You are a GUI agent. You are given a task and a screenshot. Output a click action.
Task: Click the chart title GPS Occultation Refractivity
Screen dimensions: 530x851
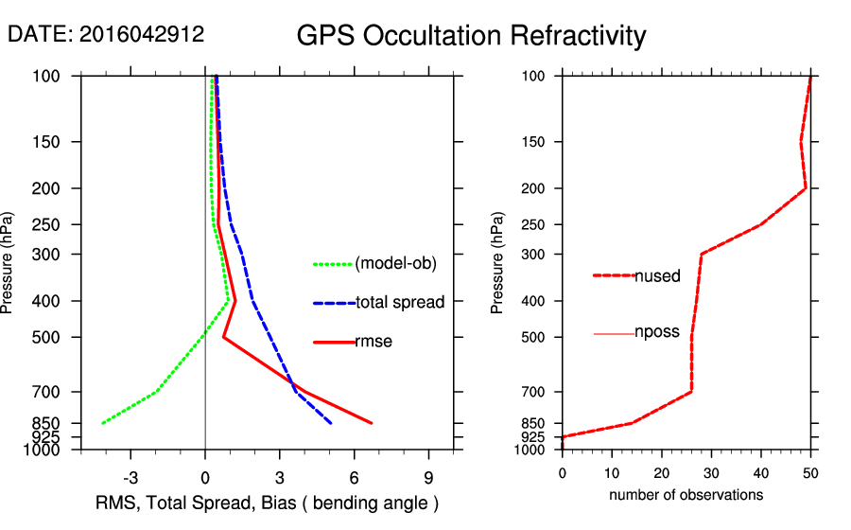tap(471, 36)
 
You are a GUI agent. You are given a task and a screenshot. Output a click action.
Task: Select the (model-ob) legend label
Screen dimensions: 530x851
tap(395, 264)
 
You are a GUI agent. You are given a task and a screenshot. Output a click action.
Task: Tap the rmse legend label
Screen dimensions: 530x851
tap(373, 342)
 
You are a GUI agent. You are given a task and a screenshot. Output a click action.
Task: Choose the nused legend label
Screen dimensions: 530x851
tap(657, 276)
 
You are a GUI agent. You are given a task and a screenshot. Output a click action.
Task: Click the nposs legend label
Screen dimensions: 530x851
tap(657, 333)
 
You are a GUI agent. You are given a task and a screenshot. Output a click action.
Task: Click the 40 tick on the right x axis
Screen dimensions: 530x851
tap(761, 471)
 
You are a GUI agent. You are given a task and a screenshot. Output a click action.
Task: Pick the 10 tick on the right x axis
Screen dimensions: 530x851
tap(612, 471)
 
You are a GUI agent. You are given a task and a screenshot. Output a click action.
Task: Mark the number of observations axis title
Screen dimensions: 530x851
tap(686, 495)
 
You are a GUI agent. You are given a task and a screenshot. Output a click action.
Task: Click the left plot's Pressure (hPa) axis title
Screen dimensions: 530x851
tap(9, 262)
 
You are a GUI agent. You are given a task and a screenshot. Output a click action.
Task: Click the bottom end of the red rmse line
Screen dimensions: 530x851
tap(372, 423)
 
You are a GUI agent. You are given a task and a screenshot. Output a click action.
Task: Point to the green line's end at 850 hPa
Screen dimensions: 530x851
tap(102, 423)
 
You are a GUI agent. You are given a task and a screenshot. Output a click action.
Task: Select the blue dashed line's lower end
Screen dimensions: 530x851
tap(331, 423)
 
